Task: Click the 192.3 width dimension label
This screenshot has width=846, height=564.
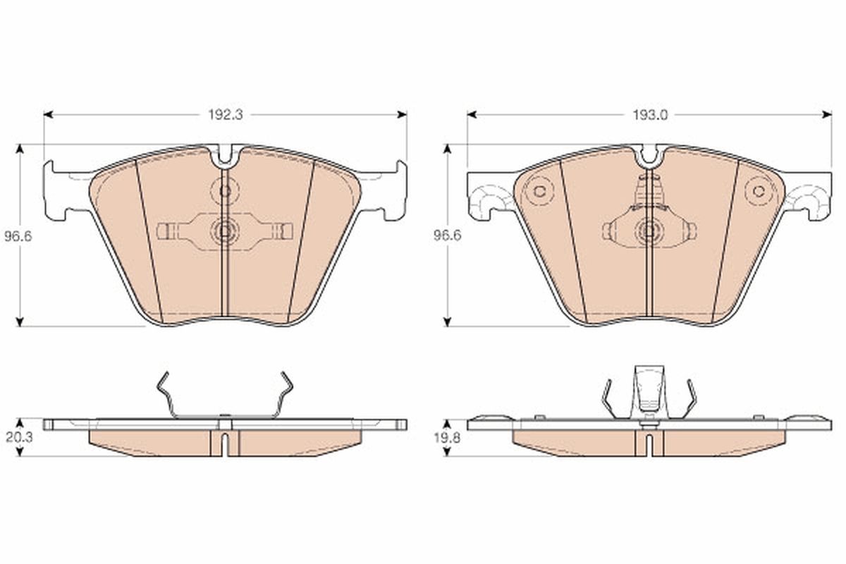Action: pos(226,115)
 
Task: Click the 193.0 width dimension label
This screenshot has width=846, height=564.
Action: pos(650,115)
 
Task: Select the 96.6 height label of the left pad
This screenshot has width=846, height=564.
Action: pos(18,237)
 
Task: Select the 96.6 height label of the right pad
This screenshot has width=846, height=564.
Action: pos(447,235)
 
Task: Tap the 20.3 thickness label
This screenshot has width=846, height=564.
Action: pos(19,437)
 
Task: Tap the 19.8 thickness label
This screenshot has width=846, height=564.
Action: pos(447,438)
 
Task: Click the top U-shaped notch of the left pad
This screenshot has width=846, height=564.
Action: pos(226,157)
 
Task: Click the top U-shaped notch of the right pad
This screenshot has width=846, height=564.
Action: pos(649,157)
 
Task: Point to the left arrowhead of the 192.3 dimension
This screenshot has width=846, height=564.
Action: pos(49,114)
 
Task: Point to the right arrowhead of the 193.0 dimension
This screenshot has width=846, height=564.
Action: pos(827,114)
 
